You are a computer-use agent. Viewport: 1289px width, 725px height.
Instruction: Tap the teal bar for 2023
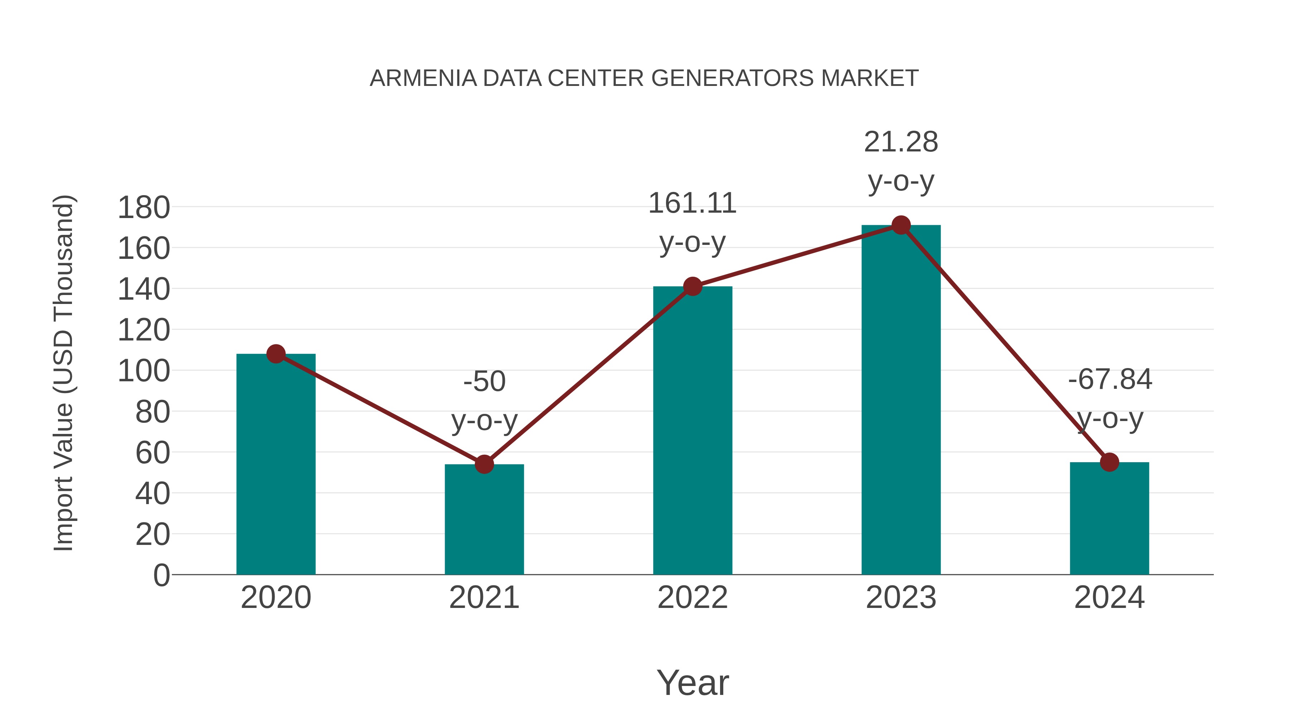pos(901,400)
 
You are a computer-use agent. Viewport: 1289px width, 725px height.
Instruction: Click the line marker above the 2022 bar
pos(692,287)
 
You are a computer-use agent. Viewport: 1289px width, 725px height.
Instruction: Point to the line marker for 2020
pos(276,354)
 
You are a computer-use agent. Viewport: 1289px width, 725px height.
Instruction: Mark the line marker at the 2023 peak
pos(901,226)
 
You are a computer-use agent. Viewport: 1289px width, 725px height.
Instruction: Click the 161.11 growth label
pos(692,204)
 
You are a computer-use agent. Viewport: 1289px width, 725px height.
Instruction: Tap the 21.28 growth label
pos(901,142)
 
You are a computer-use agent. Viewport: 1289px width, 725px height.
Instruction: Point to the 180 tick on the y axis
pos(144,208)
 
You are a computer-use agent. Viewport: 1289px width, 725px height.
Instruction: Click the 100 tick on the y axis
pos(144,371)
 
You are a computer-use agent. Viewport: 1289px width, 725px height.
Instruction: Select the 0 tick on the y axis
pos(161,575)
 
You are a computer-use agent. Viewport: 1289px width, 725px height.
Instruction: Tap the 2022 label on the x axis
pos(692,598)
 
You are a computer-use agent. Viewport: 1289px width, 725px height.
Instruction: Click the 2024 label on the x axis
pos(1109,598)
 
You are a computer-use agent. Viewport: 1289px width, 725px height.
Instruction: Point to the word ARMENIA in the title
pos(423,78)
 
